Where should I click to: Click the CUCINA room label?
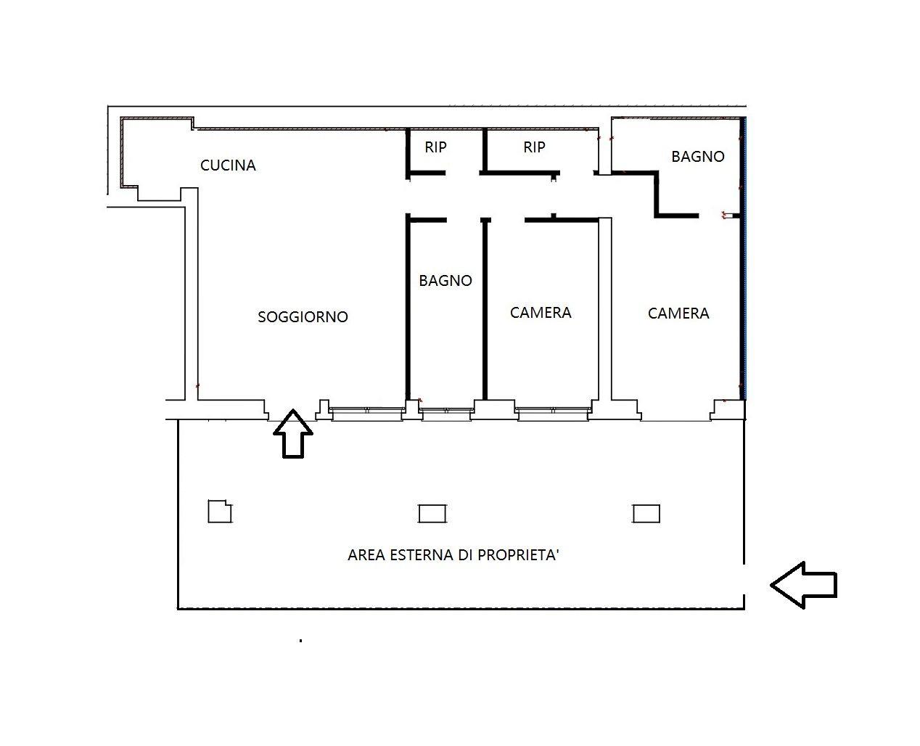[228, 165]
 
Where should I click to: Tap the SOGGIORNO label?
[303, 316]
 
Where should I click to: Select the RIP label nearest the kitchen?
[435, 147]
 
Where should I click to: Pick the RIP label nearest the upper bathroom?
[534, 147]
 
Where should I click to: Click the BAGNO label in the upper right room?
[697, 156]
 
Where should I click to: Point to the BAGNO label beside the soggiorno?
[445, 281]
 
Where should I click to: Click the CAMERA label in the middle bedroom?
[541, 312]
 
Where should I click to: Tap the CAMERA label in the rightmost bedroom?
[678, 313]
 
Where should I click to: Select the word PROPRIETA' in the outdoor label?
[518, 554]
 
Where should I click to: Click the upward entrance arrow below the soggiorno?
[293, 433]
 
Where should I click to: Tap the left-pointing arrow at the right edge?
[804, 585]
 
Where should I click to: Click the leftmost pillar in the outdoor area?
[220, 512]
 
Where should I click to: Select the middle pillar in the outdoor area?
[432, 514]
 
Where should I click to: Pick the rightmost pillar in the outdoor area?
[646, 514]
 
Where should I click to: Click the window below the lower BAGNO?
[446, 414]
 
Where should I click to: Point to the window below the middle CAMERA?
[554, 414]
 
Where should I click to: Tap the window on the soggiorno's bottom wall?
[367, 414]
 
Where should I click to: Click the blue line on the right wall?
[745, 258]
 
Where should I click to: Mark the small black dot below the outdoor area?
[300, 641]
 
